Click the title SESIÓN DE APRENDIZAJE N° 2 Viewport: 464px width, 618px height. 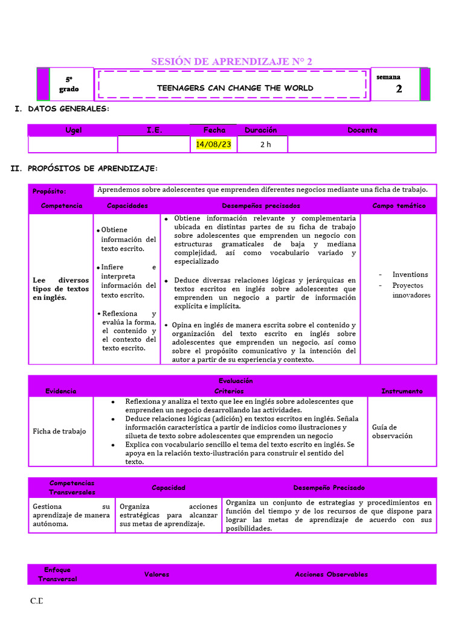pyautogui.click(x=231, y=62)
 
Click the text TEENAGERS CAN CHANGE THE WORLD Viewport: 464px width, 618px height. pyautogui.click(x=235, y=88)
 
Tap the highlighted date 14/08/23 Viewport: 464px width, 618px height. pyautogui.click(x=214, y=145)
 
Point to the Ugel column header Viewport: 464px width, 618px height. pyautogui.click(x=73, y=130)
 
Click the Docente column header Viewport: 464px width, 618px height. pyautogui.click(x=362, y=130)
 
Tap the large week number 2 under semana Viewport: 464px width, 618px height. pyautogui.click(x=399, y=89)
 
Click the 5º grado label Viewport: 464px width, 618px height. pyautogui.click(x=69, y=84)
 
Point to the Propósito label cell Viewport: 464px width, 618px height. pyautogui.click(x=50, y=191)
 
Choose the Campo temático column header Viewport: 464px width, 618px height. pyautogui.click(x=399, y=206)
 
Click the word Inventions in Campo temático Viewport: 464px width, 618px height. pyautogui.click(x=410, y=275)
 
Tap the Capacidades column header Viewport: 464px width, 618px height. pyautogui.click(x=127, y=206)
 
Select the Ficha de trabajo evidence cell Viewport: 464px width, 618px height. pyautogui.click(x=59, y=432)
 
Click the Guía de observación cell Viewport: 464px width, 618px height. pyautogui.click(x=392, y=431)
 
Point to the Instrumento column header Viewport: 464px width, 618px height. pyautogui.click(x=402, y=391)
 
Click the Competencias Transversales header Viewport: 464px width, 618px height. pyautogui.click(x=72, y=488)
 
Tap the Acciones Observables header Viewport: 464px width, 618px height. pyautogui.click(x=331, y=575)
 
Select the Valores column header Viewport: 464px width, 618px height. pyautogui.click(x=156, y=575)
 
